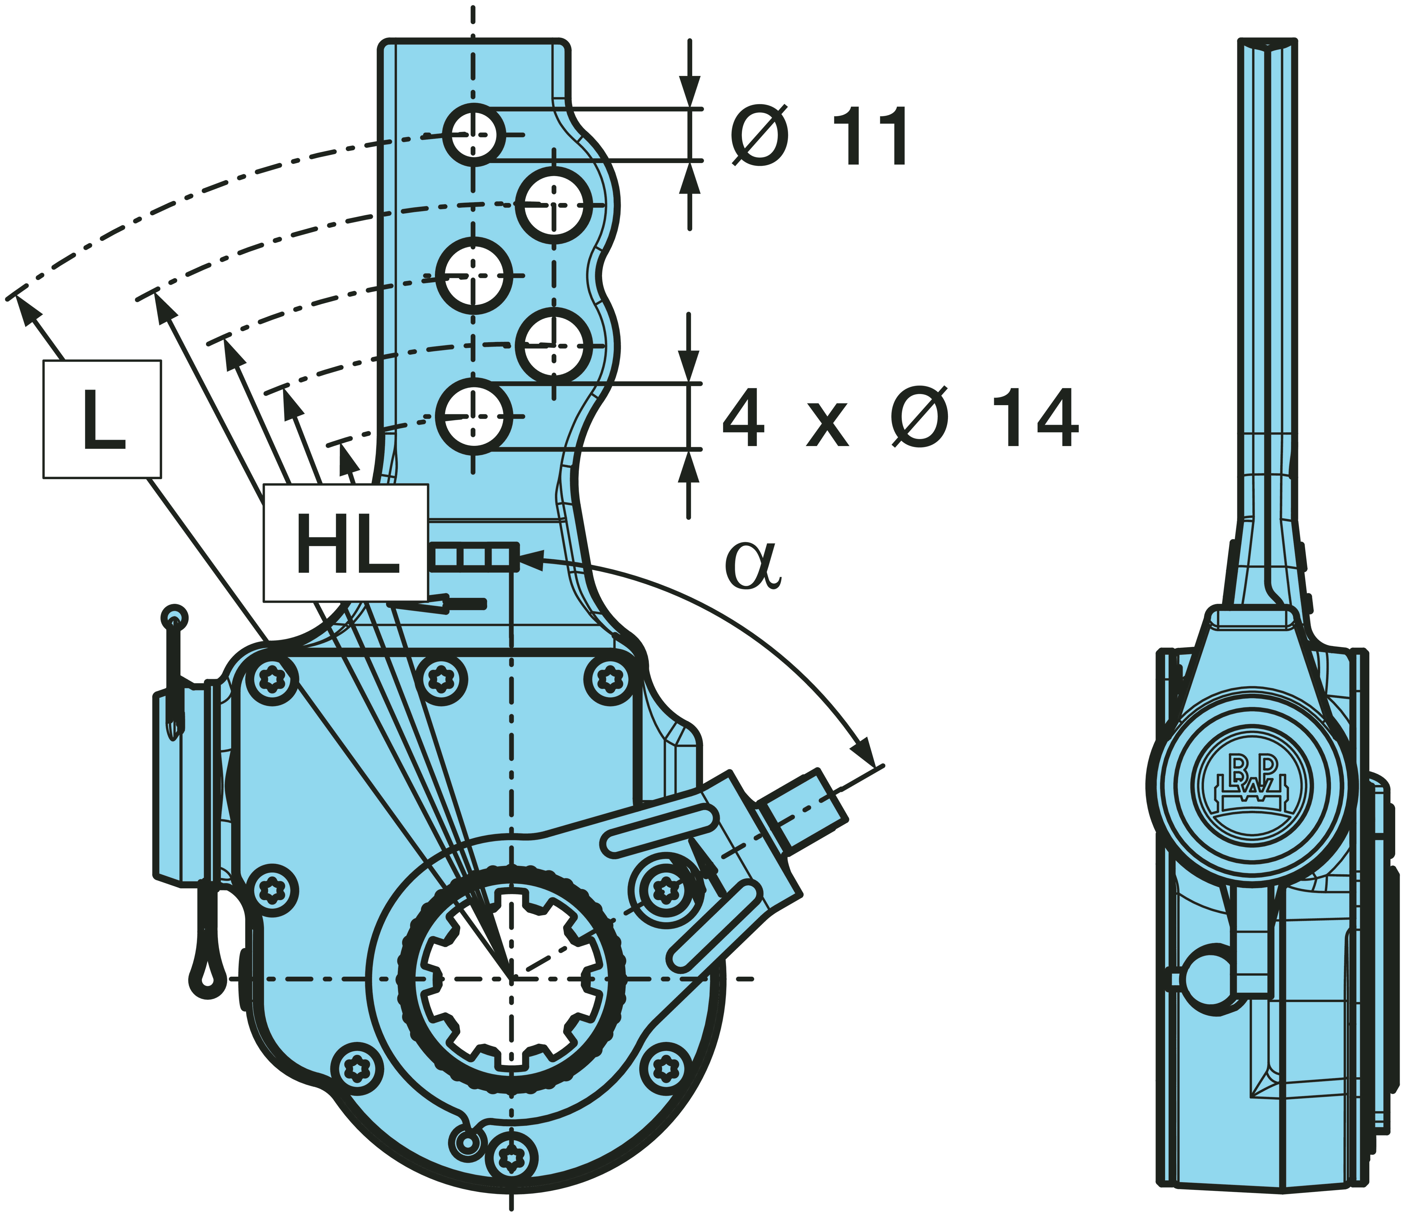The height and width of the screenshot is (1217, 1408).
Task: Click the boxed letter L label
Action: pos(102,419)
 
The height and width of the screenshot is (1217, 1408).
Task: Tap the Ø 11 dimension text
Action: pos(819,136)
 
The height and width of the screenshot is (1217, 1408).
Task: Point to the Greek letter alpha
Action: pos(753,565)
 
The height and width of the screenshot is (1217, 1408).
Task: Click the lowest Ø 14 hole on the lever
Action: pos(474,416)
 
